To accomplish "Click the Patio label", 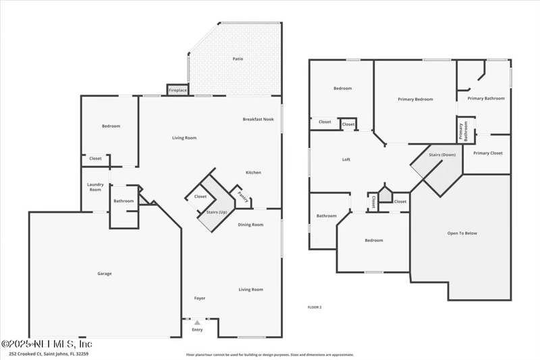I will point(238,59).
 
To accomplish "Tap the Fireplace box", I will point(178,90).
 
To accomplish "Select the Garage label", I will point(104,274).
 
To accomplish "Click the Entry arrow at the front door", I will point(197,323).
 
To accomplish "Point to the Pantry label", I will point(243,197).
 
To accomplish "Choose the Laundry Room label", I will point(95,187).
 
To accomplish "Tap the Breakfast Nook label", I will point(259,119).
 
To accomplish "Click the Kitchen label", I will point(253,172).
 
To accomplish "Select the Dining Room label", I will point(250,224).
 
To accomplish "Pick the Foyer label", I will point(200,298).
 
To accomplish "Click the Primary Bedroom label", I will point(415,99).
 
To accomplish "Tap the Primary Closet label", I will point(487,153).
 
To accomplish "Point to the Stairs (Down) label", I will point(443,155).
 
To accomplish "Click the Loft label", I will point(346,159).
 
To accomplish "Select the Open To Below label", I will point(462,233).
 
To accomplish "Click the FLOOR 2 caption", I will point(315,307).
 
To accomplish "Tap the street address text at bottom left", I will point(49,353).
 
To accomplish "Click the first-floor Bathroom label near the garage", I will point(124,201).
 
